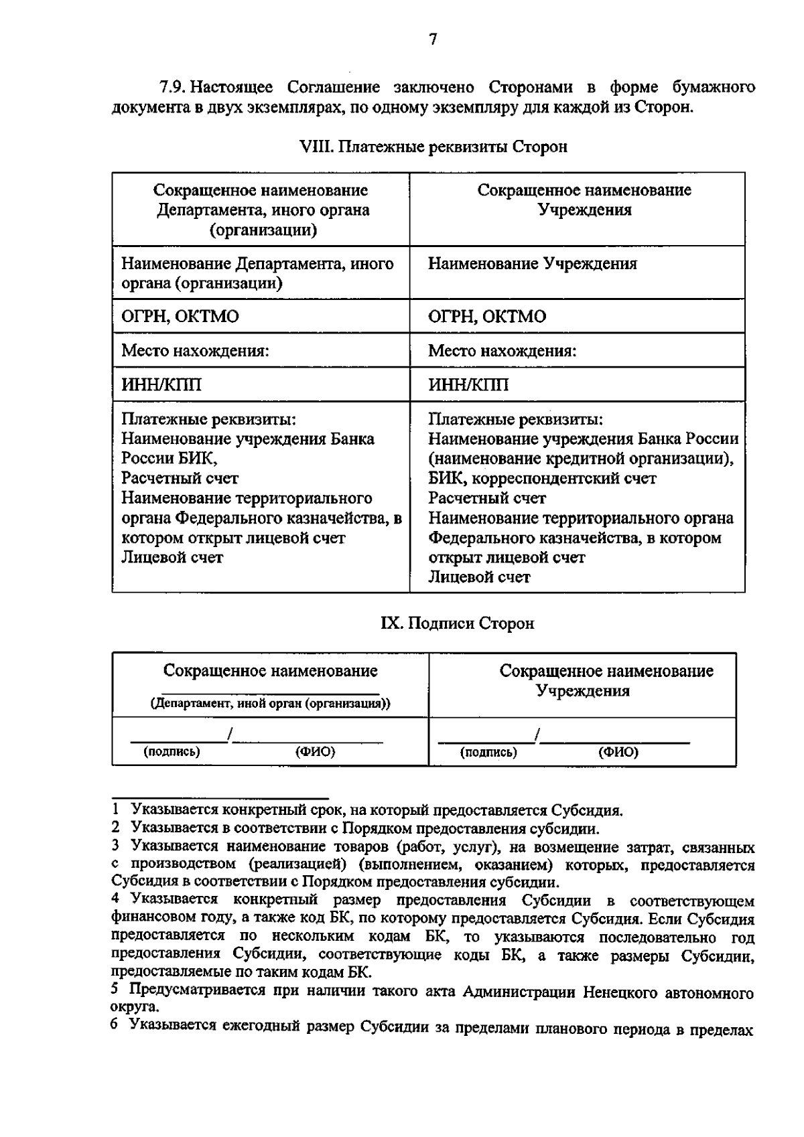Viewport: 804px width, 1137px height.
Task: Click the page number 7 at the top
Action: [x=432, y=40]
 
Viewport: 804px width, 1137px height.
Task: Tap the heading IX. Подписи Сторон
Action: [x=458, y=623]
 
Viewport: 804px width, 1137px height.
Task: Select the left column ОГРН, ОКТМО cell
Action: [x=180, y=317]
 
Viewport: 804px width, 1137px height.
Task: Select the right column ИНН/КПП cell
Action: [x=468, y=385]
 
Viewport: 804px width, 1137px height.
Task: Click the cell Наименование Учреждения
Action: [x=533, y=264]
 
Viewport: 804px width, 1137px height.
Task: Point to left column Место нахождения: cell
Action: [x=195, y=351]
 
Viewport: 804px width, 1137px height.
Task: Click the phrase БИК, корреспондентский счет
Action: [x=542, y=479]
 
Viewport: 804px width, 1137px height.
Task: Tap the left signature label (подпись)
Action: [x=172, y=751]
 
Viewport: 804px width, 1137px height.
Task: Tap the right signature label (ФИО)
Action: [x=618, y=752]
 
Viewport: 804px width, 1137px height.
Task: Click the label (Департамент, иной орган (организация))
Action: [x=270, y=704]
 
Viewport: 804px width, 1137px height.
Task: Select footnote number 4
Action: [x=116, y=899]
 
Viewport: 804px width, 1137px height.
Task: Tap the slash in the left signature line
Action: [x=230, y=735]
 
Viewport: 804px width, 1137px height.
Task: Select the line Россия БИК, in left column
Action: [x=170, y=459]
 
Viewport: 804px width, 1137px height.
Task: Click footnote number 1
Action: [x=116, y=811]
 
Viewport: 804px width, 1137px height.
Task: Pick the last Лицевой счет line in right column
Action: [x=479, y=577]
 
